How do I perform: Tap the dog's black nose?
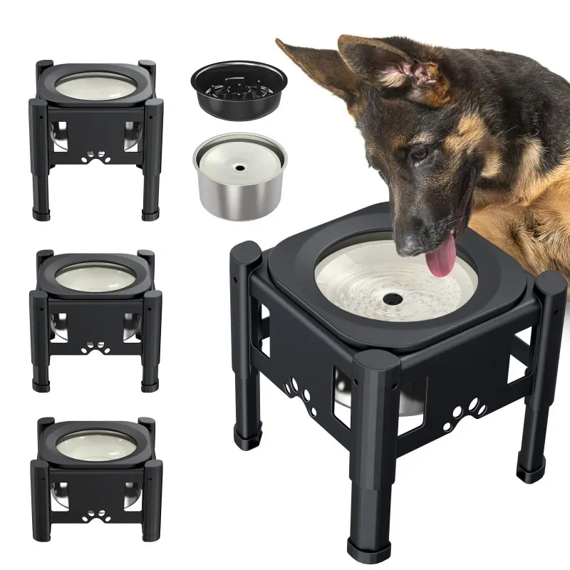[x=412, y=244]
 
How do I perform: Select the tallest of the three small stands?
[x=95, y=135]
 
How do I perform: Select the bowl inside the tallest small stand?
[x=95, y=85]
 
